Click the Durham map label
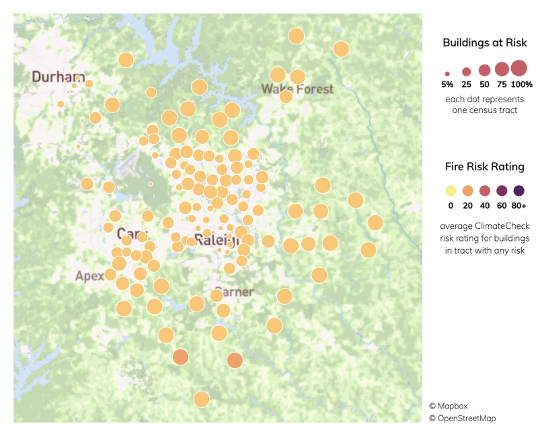point(59,76)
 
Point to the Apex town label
point(89,276)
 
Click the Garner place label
point(235,292)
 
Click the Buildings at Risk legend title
point(484,43)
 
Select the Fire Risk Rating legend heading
point(484,166)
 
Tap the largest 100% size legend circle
point(518,68)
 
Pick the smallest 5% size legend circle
point(447,73)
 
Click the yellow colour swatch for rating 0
point(451,190)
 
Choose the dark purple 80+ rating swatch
point(518,190)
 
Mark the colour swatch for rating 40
point(484,190)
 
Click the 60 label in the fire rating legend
point(501,205)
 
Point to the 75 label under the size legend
point(501,84)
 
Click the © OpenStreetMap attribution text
point(463,419)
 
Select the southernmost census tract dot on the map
point(201,399)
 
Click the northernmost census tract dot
point(296,36)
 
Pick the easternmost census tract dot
point(375,223)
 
